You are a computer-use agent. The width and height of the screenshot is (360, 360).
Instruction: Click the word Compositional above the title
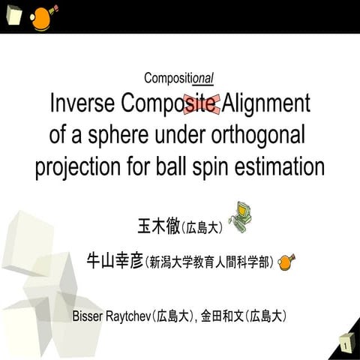point(180,78)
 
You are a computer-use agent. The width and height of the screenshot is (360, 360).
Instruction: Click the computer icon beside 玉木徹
point(239,216)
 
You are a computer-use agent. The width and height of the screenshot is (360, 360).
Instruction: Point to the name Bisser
point(89,316)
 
